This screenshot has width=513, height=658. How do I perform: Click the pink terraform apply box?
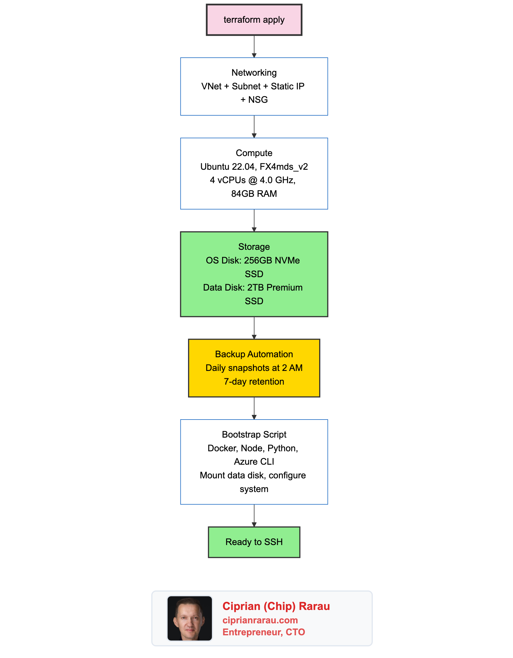click(x=254, y=20)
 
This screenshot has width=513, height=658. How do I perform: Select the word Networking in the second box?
click(x=254, y=72)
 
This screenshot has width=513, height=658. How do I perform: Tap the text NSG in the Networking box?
click(x=258, y=100)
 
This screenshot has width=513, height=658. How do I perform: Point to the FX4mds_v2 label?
click(x=284, y=167)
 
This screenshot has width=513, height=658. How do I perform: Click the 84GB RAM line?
click(x=254, y=194)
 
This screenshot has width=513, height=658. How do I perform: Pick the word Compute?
click(x=254, y=153)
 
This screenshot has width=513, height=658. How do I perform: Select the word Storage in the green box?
click(x=254, y=247)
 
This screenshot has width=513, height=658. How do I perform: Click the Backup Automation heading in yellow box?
click(x=254, y=354)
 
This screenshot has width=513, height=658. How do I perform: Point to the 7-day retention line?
click(x=254, y=382)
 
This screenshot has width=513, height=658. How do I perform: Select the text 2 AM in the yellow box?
click(x=292, y=368)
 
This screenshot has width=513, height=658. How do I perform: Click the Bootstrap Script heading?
click(x=254, y=434)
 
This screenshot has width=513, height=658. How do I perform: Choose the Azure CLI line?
click(x=254, y=461)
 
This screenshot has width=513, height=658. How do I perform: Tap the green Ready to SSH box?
click(x=254, y=542)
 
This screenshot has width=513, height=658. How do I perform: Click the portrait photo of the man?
click(x=190, y=618)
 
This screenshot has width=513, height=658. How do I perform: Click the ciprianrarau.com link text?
click(x=260, y=620)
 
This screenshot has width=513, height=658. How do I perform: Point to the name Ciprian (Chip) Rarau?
click(x=276, y=606)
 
